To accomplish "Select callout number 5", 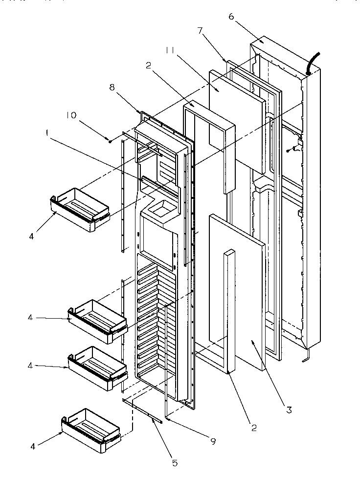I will (x=175, y=462).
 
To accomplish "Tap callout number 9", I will (x=213, y=441).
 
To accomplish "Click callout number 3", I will (x=289, y=410).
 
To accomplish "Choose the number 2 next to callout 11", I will (x=149, y=65).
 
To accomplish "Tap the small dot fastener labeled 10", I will (x=111, y=141).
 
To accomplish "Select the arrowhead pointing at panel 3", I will (x=253, y=343).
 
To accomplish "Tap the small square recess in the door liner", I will (x=160, y=211).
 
